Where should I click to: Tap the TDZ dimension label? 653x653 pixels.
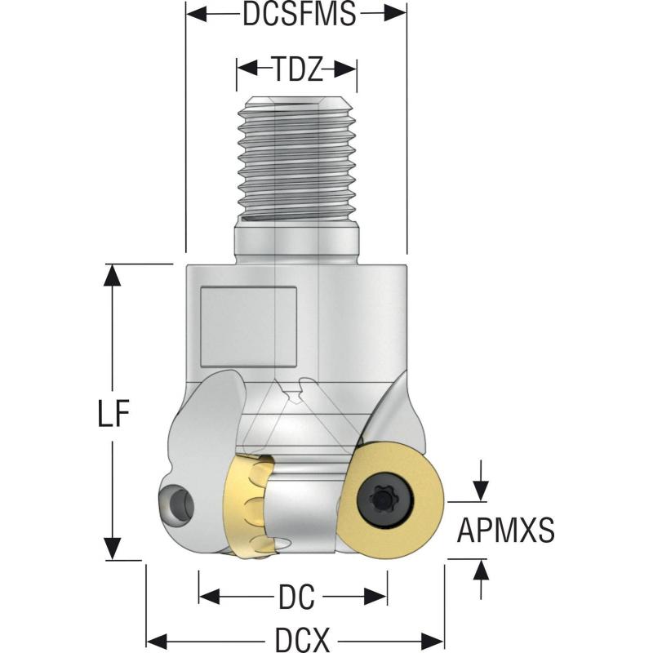297,70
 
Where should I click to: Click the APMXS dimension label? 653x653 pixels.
506,531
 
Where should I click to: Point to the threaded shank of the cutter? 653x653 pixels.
296,159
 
